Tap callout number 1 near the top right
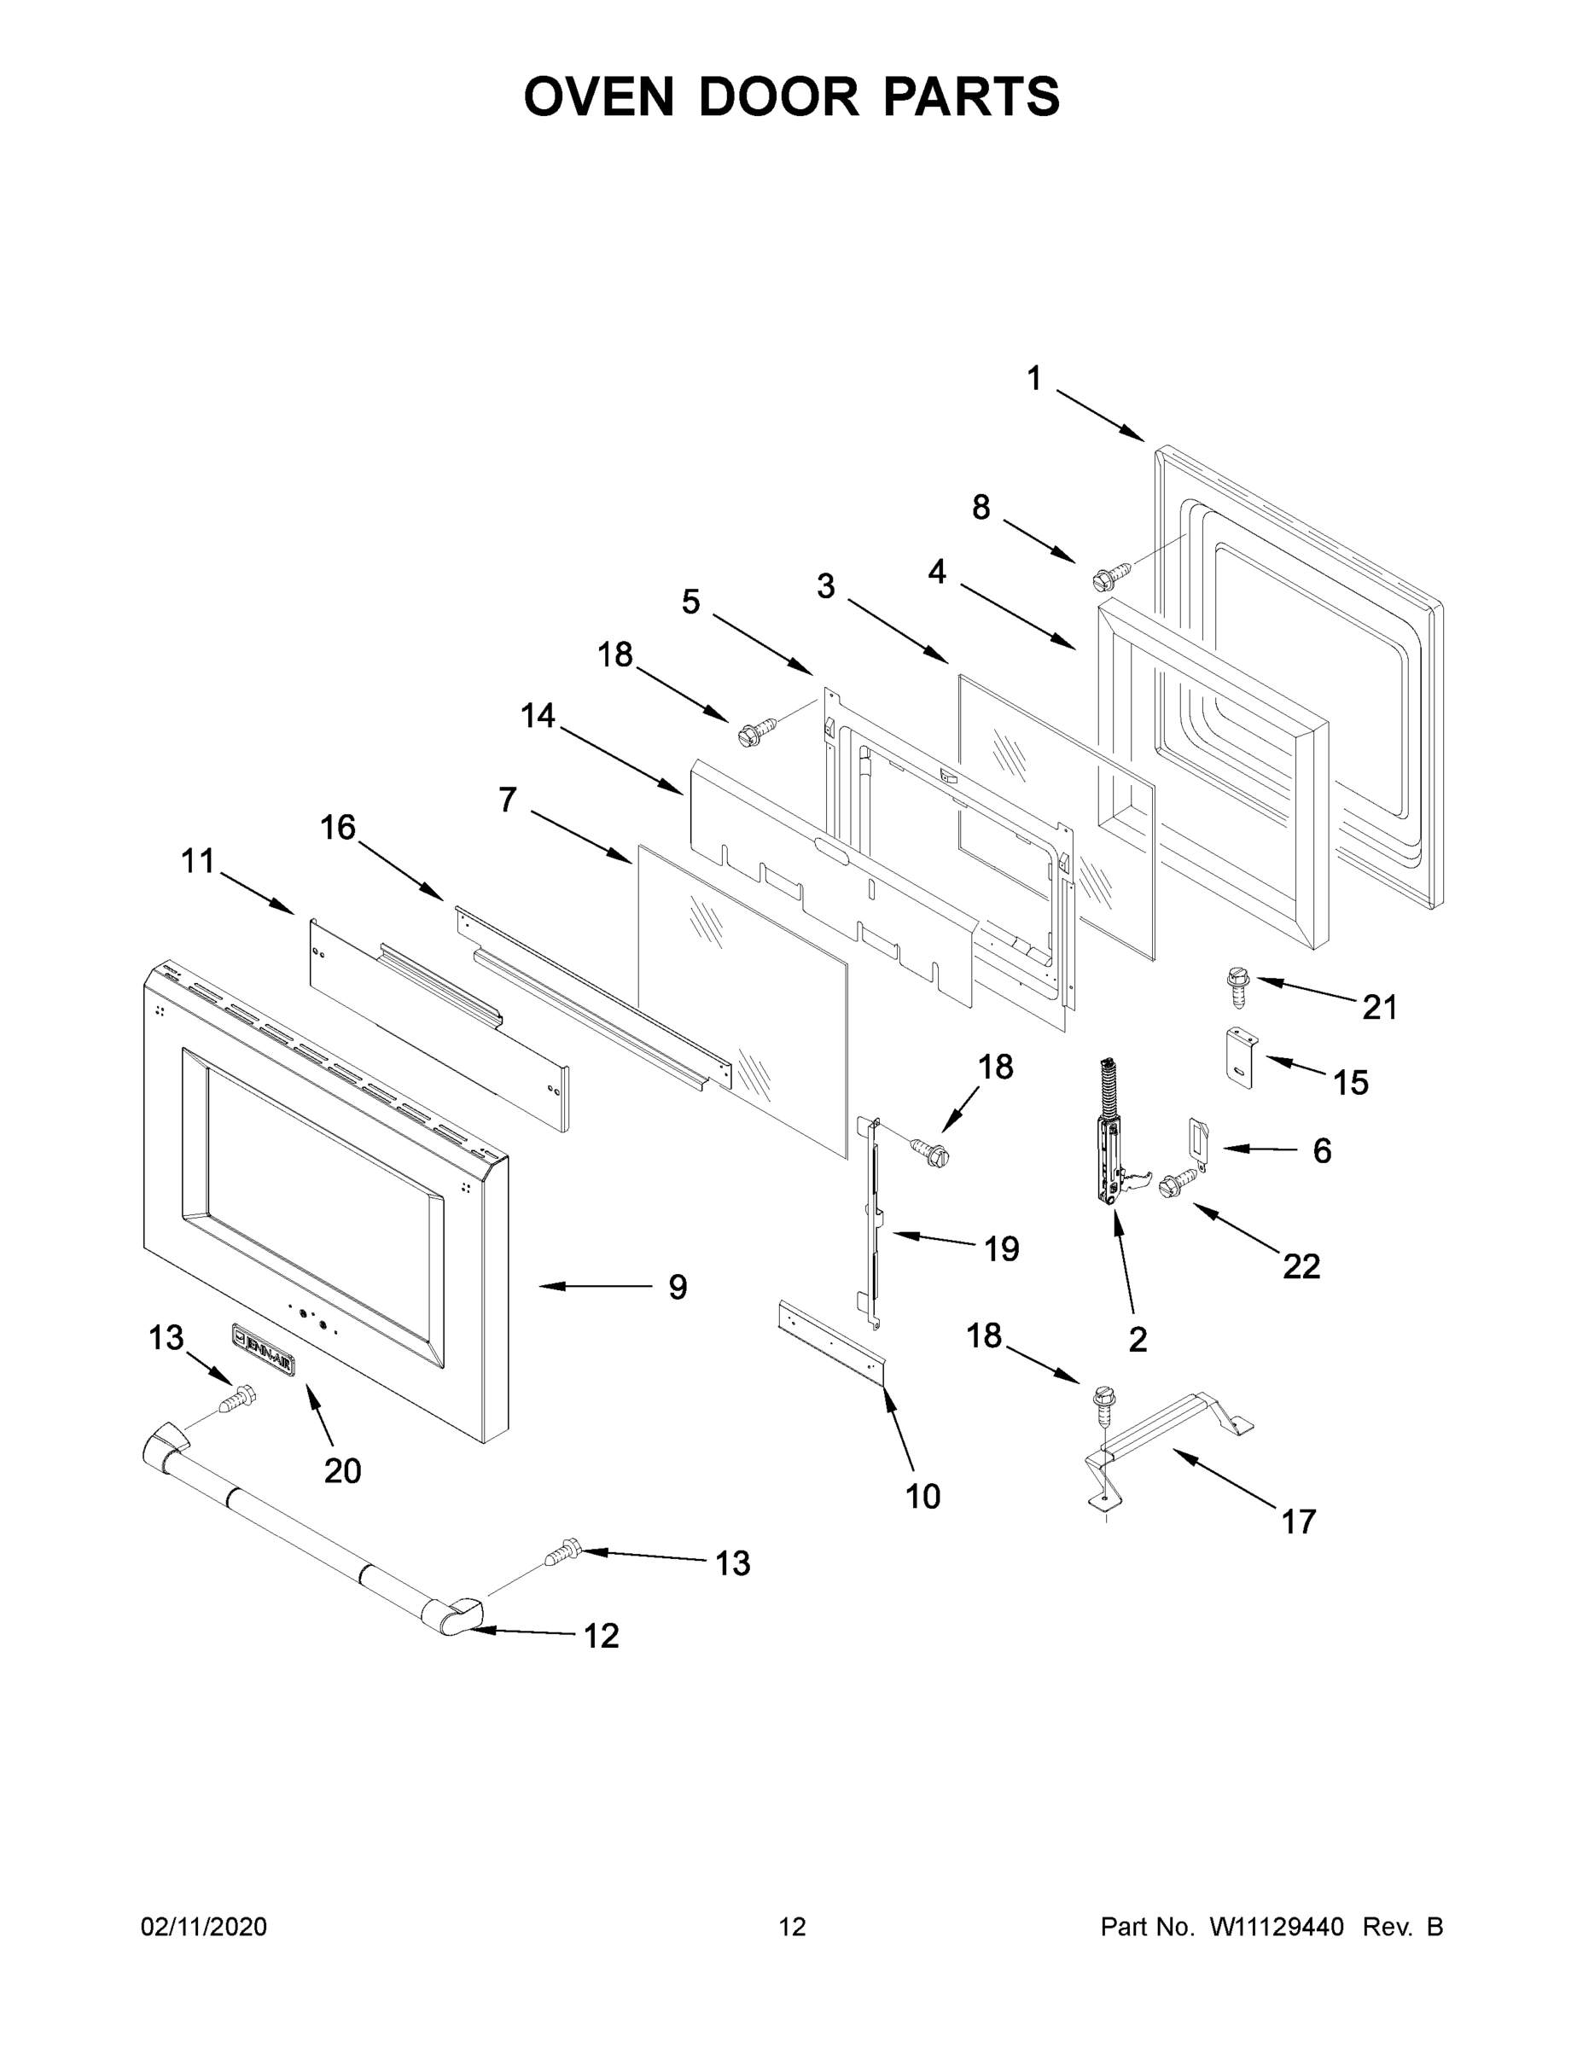coord(1033,379)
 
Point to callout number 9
coord(677,1287)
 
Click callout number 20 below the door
coord(342,1470)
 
